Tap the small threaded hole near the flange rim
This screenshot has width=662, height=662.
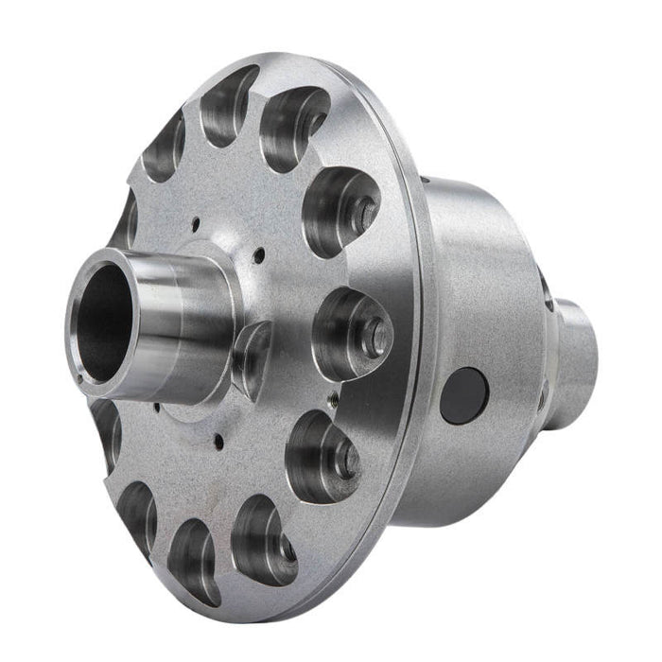[332, 403]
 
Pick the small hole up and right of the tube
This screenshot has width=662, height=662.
[256, 253]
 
